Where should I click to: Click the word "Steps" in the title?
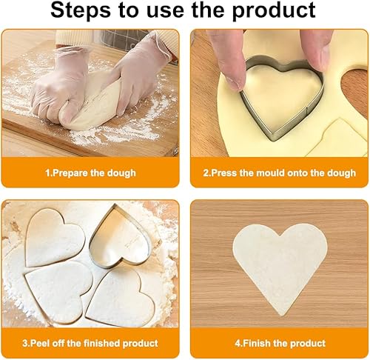coord(81,10)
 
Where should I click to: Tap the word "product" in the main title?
coord(274,11)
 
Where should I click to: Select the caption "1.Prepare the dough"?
coord(90,173)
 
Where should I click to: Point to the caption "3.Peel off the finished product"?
coord(90,343)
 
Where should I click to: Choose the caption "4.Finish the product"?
coord(280,343)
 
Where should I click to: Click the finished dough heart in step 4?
coord(280,265)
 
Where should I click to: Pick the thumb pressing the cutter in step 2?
coord(317,50)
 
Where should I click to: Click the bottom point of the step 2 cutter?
coord(273,140)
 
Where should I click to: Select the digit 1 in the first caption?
coord(48,173)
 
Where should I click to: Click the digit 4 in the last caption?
coord(238,343)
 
